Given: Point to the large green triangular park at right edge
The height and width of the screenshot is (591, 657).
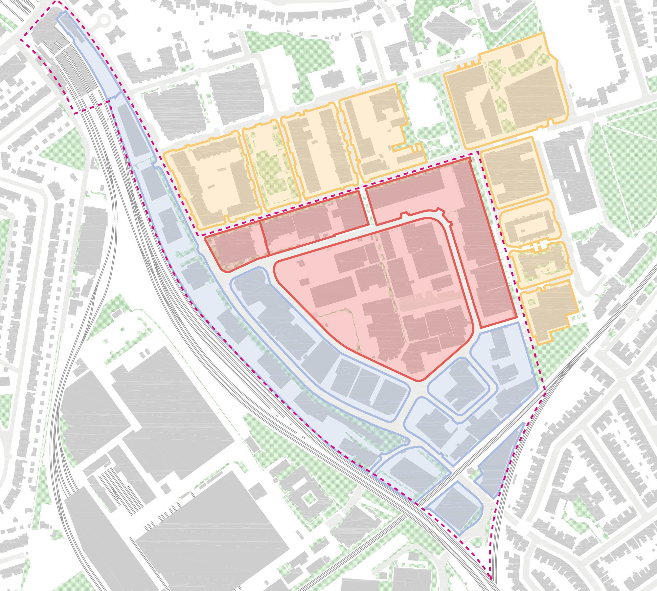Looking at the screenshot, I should tap(624, 174).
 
